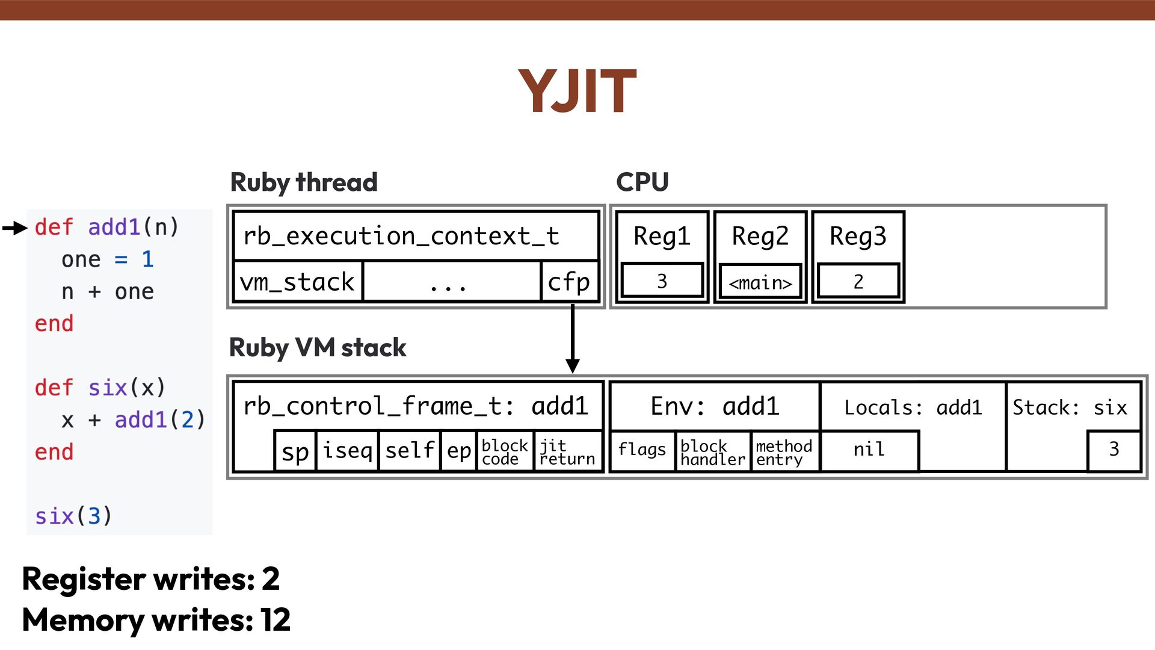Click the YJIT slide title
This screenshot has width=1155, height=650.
click(x=577, y=91)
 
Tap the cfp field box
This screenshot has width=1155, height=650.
click(x=569, y=282)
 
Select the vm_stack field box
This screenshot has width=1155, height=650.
click(x=298, y=282)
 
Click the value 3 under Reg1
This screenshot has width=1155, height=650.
click(x=662, y=281)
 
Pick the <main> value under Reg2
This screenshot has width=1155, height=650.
click(x=760, y=282)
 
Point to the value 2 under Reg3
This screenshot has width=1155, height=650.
click(x=858, y=281)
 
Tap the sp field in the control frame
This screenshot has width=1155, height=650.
click(x=295, y=451)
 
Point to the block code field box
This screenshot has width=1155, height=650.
click(x=505, y=452)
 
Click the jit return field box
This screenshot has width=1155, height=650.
click(x=567, y=452)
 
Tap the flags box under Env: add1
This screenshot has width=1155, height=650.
click(x=642, y=450)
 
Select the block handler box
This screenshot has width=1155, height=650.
click(x=713, y=452)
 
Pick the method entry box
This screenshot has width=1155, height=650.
click(x=784, y=452)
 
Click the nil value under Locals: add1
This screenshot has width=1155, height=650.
click(x=869, y=450)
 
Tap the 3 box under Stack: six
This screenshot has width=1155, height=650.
click(x=1114, y=450)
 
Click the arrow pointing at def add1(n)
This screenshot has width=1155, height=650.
click(x=15, y=228)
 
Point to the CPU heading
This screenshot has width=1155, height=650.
click(x=642, y=182)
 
